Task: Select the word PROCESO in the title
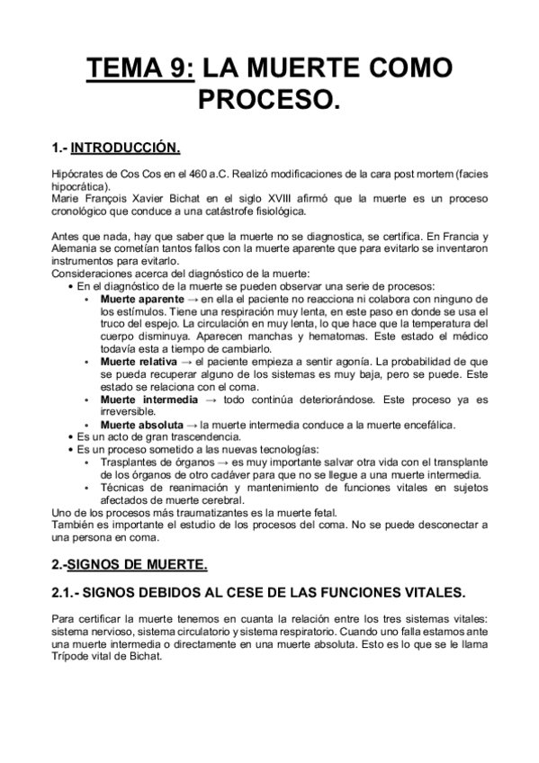tap(269, 99)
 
